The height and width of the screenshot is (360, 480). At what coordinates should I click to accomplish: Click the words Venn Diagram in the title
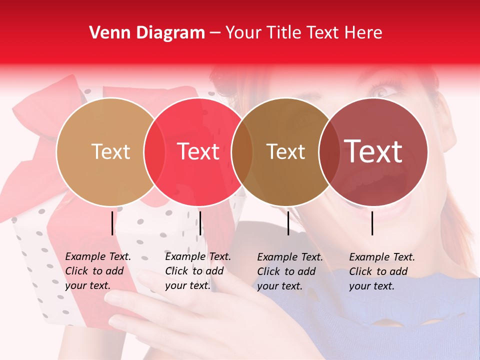click(x=147, y=33)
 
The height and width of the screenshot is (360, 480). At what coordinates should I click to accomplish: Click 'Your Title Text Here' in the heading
click(x=303, y=33)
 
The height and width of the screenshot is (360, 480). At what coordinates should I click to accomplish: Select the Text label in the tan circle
click(x=110, y=151)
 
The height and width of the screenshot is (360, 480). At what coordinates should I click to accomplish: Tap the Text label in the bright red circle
click(x=198, y=151)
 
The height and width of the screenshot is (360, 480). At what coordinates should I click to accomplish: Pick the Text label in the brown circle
click(x=285, y=151)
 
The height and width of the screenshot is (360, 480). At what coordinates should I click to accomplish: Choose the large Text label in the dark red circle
click(x=373, y=151)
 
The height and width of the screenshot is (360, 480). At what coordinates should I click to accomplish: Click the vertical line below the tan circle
click(x=112, y=223)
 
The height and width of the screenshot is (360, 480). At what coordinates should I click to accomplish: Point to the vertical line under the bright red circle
click(x=200, y=223)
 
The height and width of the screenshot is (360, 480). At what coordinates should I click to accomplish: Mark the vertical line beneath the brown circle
click(x=288, y=223)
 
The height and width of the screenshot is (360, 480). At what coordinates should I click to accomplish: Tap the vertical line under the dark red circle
click(x=372, y=223)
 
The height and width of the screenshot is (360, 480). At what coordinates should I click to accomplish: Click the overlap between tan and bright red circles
click(x=154, y=152)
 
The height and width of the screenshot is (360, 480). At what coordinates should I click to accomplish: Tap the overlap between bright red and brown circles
click(x=242, y=152)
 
